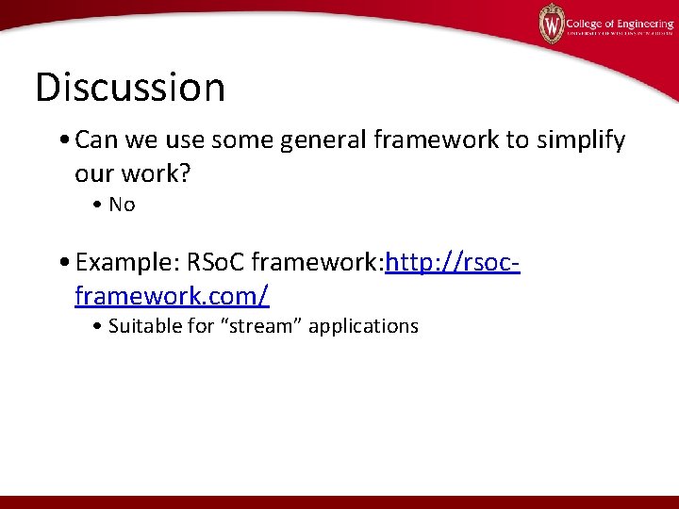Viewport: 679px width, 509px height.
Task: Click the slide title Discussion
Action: tap(130, 88)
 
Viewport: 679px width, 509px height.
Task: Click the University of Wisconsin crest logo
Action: tap(551, 23)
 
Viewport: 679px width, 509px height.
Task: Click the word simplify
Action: tap(580, 141)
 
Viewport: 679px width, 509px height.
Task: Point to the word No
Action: tap(123, 205)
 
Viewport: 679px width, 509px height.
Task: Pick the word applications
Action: tap(363, 327)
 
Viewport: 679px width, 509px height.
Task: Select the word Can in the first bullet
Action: tap(94, 140)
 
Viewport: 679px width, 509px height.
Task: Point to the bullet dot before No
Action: tap(99, 205)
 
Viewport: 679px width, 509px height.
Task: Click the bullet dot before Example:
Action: tap(64, 262)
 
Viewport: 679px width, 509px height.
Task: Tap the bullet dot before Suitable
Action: tap(99, 327)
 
